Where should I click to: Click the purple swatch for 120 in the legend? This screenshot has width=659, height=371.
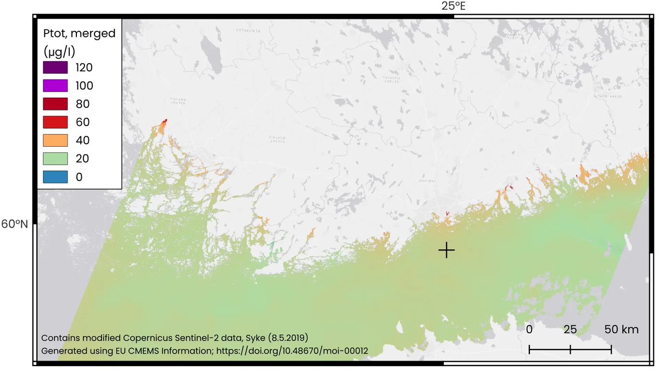(x=55, y=68)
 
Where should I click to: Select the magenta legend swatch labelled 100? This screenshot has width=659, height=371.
(x=55, y=86)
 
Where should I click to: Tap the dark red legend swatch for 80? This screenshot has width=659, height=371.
(x=55, y=104)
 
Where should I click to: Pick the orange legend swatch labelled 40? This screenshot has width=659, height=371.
(x=55, y=140)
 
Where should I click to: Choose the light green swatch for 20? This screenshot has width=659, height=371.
(x=55, y=158)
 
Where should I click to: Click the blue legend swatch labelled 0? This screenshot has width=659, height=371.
(x=55, y=177)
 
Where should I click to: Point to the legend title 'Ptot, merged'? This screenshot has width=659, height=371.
(x=79, y=34)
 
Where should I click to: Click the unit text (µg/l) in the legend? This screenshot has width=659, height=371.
(x=59, y=52)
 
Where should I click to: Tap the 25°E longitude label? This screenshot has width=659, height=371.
(x=453, y=6)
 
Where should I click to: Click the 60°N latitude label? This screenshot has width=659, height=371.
(x=17, y=224)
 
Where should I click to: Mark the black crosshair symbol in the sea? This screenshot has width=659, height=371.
(x=446, y=250)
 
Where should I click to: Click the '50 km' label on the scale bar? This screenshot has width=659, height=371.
(x=622, y=330)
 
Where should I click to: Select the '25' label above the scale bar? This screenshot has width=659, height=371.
(x=570, y=330)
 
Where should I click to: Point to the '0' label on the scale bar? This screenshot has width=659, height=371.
(x=529, y=330)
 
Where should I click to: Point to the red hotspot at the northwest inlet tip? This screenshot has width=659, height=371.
(x=165, y=121)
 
